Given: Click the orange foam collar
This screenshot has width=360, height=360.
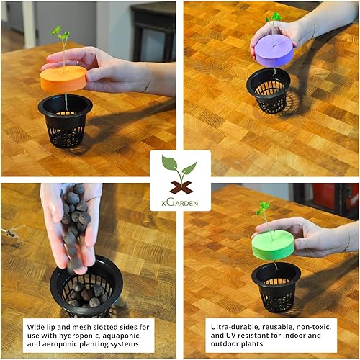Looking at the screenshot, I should tap(63, 78).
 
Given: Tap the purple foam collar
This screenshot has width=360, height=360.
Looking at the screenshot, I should tap(274, 51).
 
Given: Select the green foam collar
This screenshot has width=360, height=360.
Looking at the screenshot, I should tap(274, 246).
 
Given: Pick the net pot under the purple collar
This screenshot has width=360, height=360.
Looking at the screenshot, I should tap(268, 91).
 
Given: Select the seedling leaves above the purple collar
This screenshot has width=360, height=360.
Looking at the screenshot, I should tap(274, 17).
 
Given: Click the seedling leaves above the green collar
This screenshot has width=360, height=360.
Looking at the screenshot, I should tap(264, 208).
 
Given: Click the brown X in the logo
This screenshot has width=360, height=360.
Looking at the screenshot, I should tap(180, 186).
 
